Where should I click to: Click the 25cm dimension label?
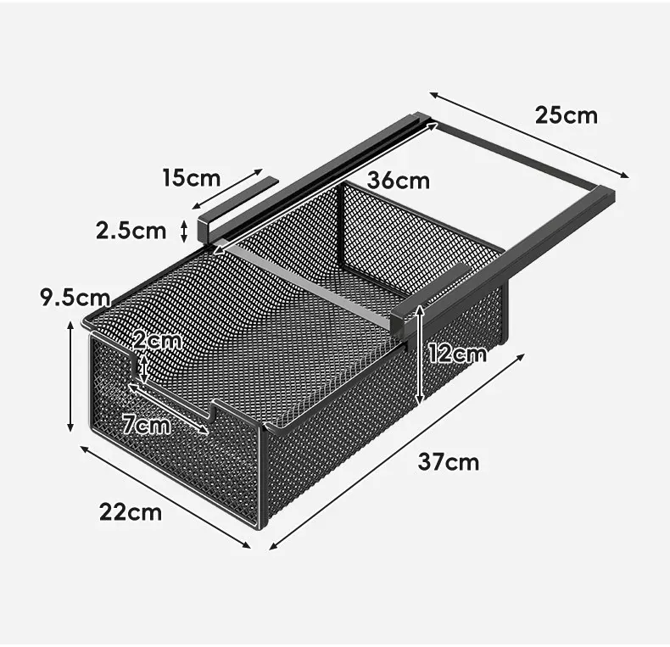click(x=567, y=115)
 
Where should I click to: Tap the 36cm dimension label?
click(x=399, y=181)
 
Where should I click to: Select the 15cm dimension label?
click(x=192, y=178)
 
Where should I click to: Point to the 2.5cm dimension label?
click(x=131, y=231)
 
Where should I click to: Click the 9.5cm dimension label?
click(x=75, y=297)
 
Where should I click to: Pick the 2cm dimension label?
click(x=157, y=341)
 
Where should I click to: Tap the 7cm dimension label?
click(x=147, y=425)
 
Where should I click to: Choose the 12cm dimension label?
click(x=457, y=354)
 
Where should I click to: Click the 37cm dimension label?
click(x=449, y=462)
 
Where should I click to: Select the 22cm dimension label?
click(x=131, y=511)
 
